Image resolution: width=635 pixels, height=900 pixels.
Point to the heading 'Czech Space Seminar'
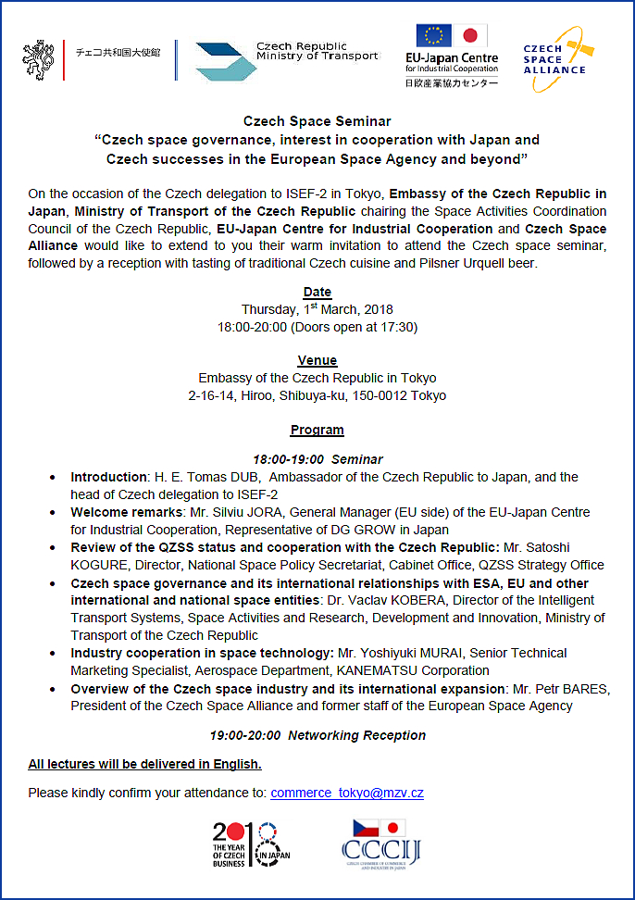[x=317, y=121]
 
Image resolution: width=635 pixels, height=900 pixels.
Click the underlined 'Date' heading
[x=317, y=293]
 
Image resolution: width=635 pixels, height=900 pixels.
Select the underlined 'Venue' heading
[x=317, y=360]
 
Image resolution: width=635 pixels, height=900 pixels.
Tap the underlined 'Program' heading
[x=317, y=430]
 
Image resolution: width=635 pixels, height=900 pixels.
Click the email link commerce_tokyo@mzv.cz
[x=347, y=793]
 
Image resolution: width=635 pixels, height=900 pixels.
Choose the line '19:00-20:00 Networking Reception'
[x=317, y=735]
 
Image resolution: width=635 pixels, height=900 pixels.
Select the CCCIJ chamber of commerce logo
[x=380, y=844]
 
